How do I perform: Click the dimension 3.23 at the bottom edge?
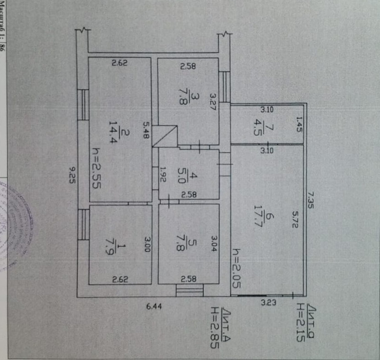coord(268,302)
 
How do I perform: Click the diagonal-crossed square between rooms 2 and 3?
coord(164,136)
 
